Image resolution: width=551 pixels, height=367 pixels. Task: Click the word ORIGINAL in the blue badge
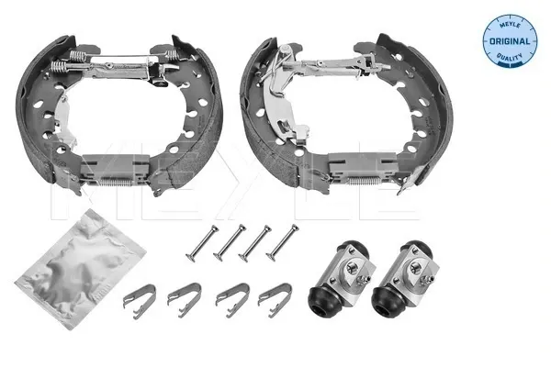pos(510,41)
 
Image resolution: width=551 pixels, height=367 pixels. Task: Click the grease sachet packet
pos(80,270)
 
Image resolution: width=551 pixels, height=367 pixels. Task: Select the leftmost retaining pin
pos(202,244)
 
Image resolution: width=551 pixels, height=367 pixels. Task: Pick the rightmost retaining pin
pos(282,242)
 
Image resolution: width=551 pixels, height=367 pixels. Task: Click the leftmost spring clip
pos(140,301)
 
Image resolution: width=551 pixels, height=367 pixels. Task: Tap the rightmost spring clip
pos(275,300)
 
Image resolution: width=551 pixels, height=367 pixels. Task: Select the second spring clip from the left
pos(185,300)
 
